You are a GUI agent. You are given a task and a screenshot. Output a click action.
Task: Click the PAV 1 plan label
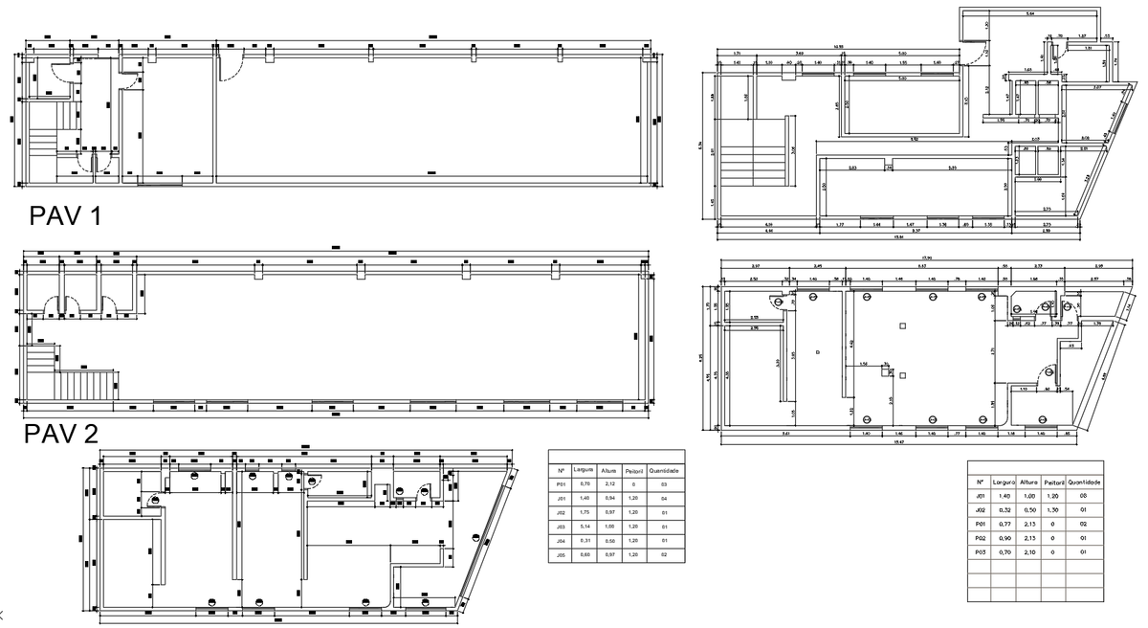(x=66, y=216)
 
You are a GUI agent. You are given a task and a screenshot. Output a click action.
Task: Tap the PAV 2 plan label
(x=61, y=434)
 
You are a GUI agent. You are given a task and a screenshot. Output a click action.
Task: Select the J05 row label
(x=563, y=555)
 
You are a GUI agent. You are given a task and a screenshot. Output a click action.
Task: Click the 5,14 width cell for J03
(x=585, y=527)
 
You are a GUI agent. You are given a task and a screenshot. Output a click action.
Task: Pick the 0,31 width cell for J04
(x=585, y=541)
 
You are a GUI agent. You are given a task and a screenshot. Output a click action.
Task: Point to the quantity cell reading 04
(x=664, y=499)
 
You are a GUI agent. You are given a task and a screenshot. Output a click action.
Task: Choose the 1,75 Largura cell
(x=585, y=513)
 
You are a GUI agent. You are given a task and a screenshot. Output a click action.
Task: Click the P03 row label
(x=980, y=552)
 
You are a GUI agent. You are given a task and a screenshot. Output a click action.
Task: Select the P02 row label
(x=980, y=538)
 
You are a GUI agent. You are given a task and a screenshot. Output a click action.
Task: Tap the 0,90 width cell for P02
(x=1004, y=538)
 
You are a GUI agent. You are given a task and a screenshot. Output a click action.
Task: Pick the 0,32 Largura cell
(x=1004, y=510)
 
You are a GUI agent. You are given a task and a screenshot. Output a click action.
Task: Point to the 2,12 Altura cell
(x=609, y=485)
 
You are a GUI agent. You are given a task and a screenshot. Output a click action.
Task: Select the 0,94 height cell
(x=609, y=499)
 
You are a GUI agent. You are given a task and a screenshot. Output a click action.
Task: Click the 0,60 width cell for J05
(x=585, y=555)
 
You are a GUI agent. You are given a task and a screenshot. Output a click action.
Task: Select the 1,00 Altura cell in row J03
(x=609, y=527)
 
